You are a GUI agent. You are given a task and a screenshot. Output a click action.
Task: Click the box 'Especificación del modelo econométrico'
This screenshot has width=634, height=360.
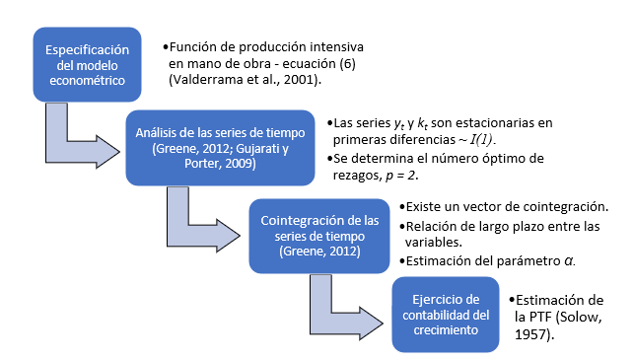pos(87,65)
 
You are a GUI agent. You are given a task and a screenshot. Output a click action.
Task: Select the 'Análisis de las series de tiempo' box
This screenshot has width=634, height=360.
pos(220,148)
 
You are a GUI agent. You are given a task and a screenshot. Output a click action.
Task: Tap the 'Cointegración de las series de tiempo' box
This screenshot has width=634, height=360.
pos(319,236)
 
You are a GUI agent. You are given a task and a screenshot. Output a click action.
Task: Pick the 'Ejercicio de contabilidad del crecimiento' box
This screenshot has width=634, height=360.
pos(446,315)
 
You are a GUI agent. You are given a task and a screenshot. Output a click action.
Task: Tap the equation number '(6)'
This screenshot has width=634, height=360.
pos(347,63)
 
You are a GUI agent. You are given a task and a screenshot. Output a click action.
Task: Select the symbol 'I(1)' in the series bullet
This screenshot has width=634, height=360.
pos(481,139)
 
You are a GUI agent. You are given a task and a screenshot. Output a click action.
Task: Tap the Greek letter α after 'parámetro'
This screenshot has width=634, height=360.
pos(569,261)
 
